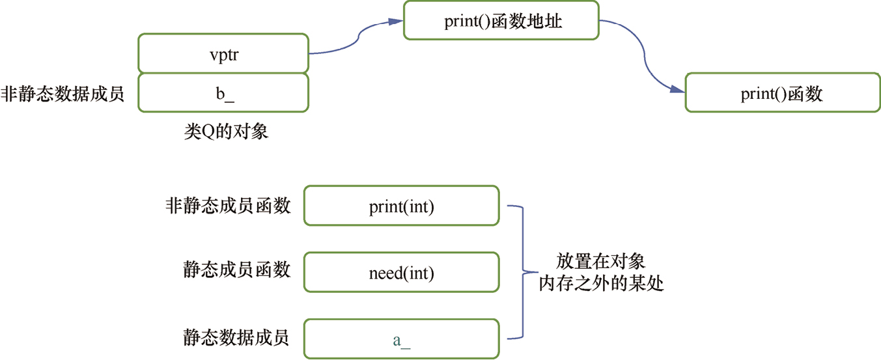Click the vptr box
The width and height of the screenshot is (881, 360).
[x=223, y=53]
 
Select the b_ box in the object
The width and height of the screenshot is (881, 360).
[x=223, y=92]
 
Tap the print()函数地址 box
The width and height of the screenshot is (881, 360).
[x=500, y=21]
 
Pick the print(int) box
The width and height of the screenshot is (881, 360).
[x=401, y=206]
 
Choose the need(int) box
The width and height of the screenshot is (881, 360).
[x=401, y=272]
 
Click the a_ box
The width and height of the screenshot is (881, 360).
[x=401, y=339]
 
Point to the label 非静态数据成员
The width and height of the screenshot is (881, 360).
[x=63, y=93]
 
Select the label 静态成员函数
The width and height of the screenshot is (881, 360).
[x=237, y=270]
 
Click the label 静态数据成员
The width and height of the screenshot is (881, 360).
[x=237, y=337]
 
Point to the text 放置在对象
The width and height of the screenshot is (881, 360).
[x=600, y=262]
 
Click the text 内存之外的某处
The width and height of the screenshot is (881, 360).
[x=600, y=284]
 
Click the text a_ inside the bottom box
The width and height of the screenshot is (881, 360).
[x=401, y=340]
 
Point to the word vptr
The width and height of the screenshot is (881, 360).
[x=223, y=53]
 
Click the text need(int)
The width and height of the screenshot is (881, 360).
[x=401, y=273]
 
